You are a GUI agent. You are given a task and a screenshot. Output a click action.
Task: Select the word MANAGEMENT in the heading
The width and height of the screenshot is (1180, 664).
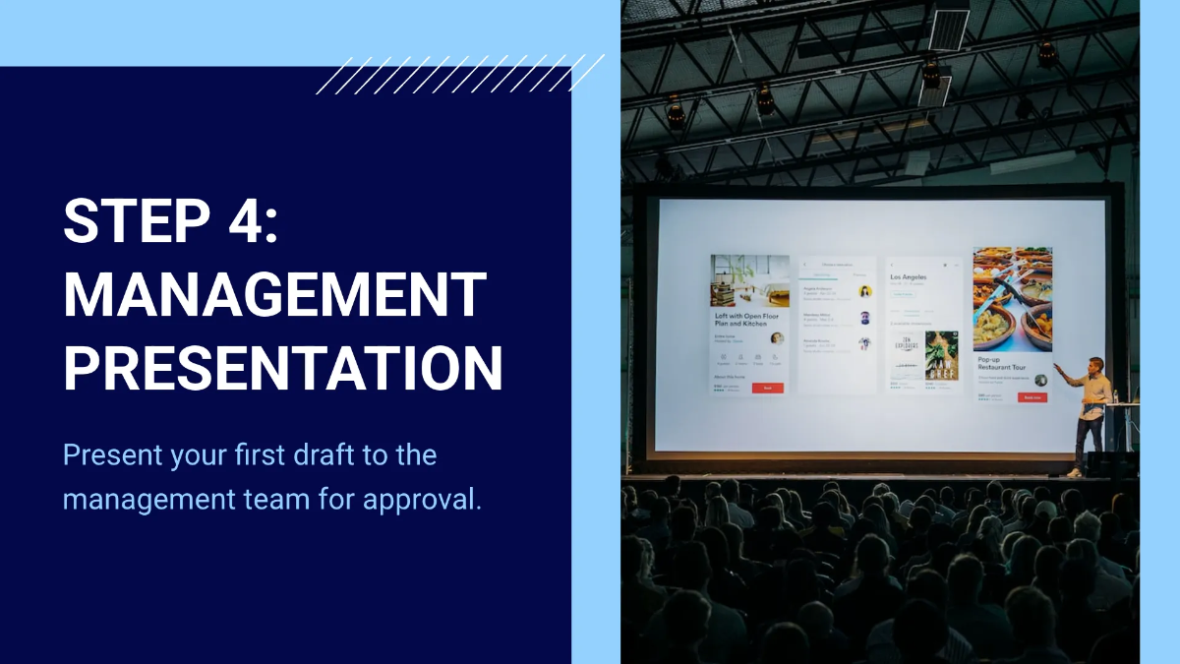pyautogui.click(x=275, y=294)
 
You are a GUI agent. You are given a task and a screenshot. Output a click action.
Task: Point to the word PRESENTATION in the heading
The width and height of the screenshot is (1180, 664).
pyautogui.click(x=283, y=367)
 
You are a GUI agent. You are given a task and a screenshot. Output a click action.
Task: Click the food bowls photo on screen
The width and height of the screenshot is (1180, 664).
pyautogui.click(x=1012, y=298)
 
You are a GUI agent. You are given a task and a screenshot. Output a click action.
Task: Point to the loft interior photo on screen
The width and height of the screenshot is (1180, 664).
pyautogui.click(x=749, y=280)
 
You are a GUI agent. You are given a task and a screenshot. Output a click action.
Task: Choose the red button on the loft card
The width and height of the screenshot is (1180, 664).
pyautogui.click(x=767, y=389)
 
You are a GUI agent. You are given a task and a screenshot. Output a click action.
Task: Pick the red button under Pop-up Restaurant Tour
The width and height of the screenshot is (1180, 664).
pyautogui.click(x=1032, y=397)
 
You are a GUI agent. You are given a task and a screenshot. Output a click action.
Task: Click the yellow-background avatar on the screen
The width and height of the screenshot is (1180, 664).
pyautogui.click(x=864, y=291)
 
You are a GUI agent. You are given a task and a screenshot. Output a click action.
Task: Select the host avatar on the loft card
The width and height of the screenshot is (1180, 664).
pyautogui.click(x=777, y=337)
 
